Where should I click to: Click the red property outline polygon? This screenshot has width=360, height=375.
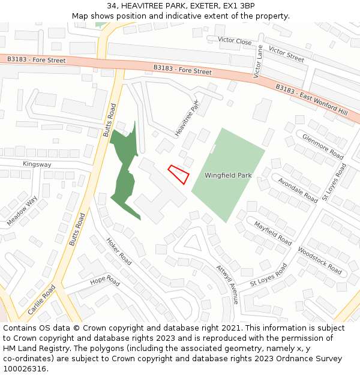click(179, 173)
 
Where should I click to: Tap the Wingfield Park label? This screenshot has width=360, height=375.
click(228, 176)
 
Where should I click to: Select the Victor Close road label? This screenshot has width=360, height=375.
click(235, 41)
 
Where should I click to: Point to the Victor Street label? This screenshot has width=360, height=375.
click(286, 54)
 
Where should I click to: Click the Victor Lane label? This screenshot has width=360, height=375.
click(259, 62)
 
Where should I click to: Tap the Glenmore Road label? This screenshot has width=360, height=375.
click(323, 146)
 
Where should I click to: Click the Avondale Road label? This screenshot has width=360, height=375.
click(298, 189)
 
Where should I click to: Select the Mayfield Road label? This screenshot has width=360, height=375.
click(272, 233)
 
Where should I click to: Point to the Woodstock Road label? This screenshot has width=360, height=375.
click(319, 260)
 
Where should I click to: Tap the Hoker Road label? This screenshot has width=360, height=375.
click(119, 252)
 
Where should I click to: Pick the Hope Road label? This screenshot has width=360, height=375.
click(105, 281)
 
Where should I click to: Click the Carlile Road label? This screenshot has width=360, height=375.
click(41, 299)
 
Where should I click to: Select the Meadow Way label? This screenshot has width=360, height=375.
click(22, 211)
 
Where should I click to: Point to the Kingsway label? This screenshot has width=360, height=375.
click(37, 164)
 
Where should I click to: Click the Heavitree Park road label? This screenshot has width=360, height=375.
click(187, 118)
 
